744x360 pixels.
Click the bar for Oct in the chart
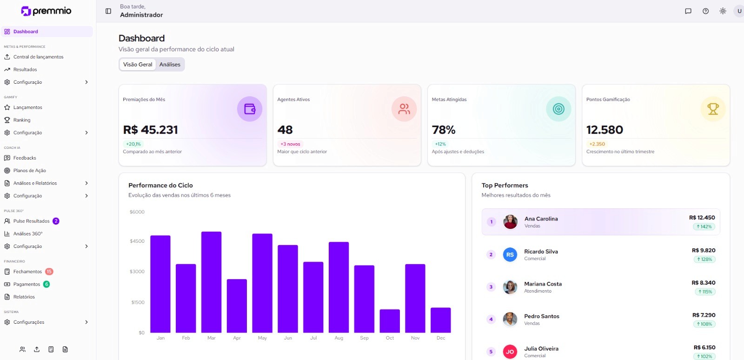390,321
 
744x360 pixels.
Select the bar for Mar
211,282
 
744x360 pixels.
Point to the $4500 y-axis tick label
137,241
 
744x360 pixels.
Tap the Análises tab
170,65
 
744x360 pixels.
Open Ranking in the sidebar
22,120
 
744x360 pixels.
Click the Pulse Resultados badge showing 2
56,221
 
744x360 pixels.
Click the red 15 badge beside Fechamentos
49,272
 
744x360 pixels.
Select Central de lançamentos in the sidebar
38,57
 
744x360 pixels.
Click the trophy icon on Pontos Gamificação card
713,109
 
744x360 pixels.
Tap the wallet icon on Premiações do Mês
250,109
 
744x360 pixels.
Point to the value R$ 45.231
150,130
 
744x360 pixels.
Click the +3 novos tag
290,144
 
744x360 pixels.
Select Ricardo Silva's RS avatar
510,254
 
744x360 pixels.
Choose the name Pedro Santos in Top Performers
542,316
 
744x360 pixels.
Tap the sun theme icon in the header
723,11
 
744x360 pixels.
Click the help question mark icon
705,11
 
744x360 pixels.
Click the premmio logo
46,11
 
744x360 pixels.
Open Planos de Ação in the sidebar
30,171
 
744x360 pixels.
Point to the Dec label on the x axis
441,338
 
